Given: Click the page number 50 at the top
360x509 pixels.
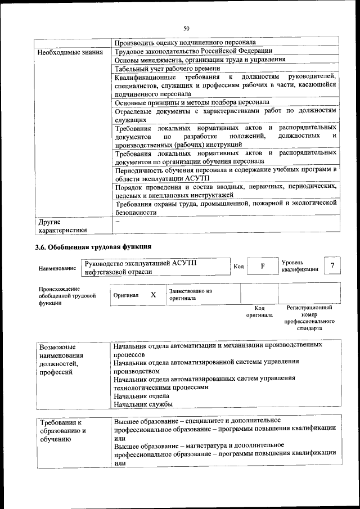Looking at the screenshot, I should (x=186, y=29).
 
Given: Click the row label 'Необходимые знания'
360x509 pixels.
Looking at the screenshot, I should (x=70, y=52).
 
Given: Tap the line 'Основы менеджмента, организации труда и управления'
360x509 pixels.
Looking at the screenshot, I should (x=200, y=60).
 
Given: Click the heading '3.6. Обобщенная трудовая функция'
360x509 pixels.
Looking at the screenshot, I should (x=93, y=247).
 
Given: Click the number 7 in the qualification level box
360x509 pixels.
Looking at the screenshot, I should (x=333, y=265).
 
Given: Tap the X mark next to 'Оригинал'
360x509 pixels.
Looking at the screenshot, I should (x=153, y=294).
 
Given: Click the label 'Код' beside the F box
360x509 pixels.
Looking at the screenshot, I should (x=238, y=266).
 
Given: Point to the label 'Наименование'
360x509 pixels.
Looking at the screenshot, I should (x=57, y=269).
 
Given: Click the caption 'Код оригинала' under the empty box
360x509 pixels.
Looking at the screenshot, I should (x=259, y=312).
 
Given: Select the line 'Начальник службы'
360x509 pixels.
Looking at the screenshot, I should (x=143, y=404).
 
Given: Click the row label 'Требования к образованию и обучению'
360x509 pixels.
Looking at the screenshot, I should (x=63, y=431).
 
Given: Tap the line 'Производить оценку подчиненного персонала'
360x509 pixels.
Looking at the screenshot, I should (x=185, y=42).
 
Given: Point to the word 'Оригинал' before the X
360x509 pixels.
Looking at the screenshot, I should (x=126, y=295).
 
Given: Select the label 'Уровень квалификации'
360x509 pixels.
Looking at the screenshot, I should (x=299, y=265).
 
